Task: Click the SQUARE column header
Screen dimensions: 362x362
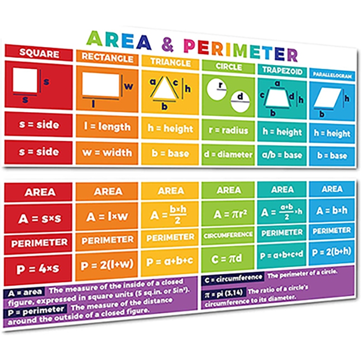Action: pyautogui.click(x=39, y=53)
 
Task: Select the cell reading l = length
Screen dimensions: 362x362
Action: pyautogui.click(x=107, y=127)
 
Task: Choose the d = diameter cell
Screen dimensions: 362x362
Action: pyautogui.click(x=229, y=154)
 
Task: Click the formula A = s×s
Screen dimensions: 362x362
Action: pyautogui.click(x=39, y=219)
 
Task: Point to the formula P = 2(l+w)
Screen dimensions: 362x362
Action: pyautogui.click(x=107, y=265)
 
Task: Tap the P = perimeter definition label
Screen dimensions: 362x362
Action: pyautogui.click(x=35, y=311)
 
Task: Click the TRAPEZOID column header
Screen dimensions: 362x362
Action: pyautogui.click(x=282, y=70)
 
